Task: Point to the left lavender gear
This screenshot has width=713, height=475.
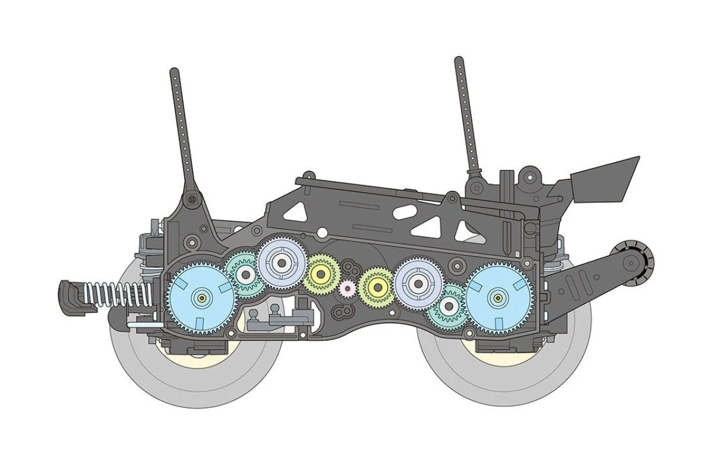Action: pyautogui.click(x=282, y=261)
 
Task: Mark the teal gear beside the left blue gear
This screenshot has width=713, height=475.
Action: pyautogui.click(x=244, y=274)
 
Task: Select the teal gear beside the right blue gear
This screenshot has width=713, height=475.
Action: pyautogui.click(x=450, y=306)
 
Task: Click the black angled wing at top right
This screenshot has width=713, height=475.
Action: pyautogui.click(x=606, y=178)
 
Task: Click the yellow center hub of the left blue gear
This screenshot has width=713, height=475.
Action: pyautogui.click(x=201, y=297)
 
